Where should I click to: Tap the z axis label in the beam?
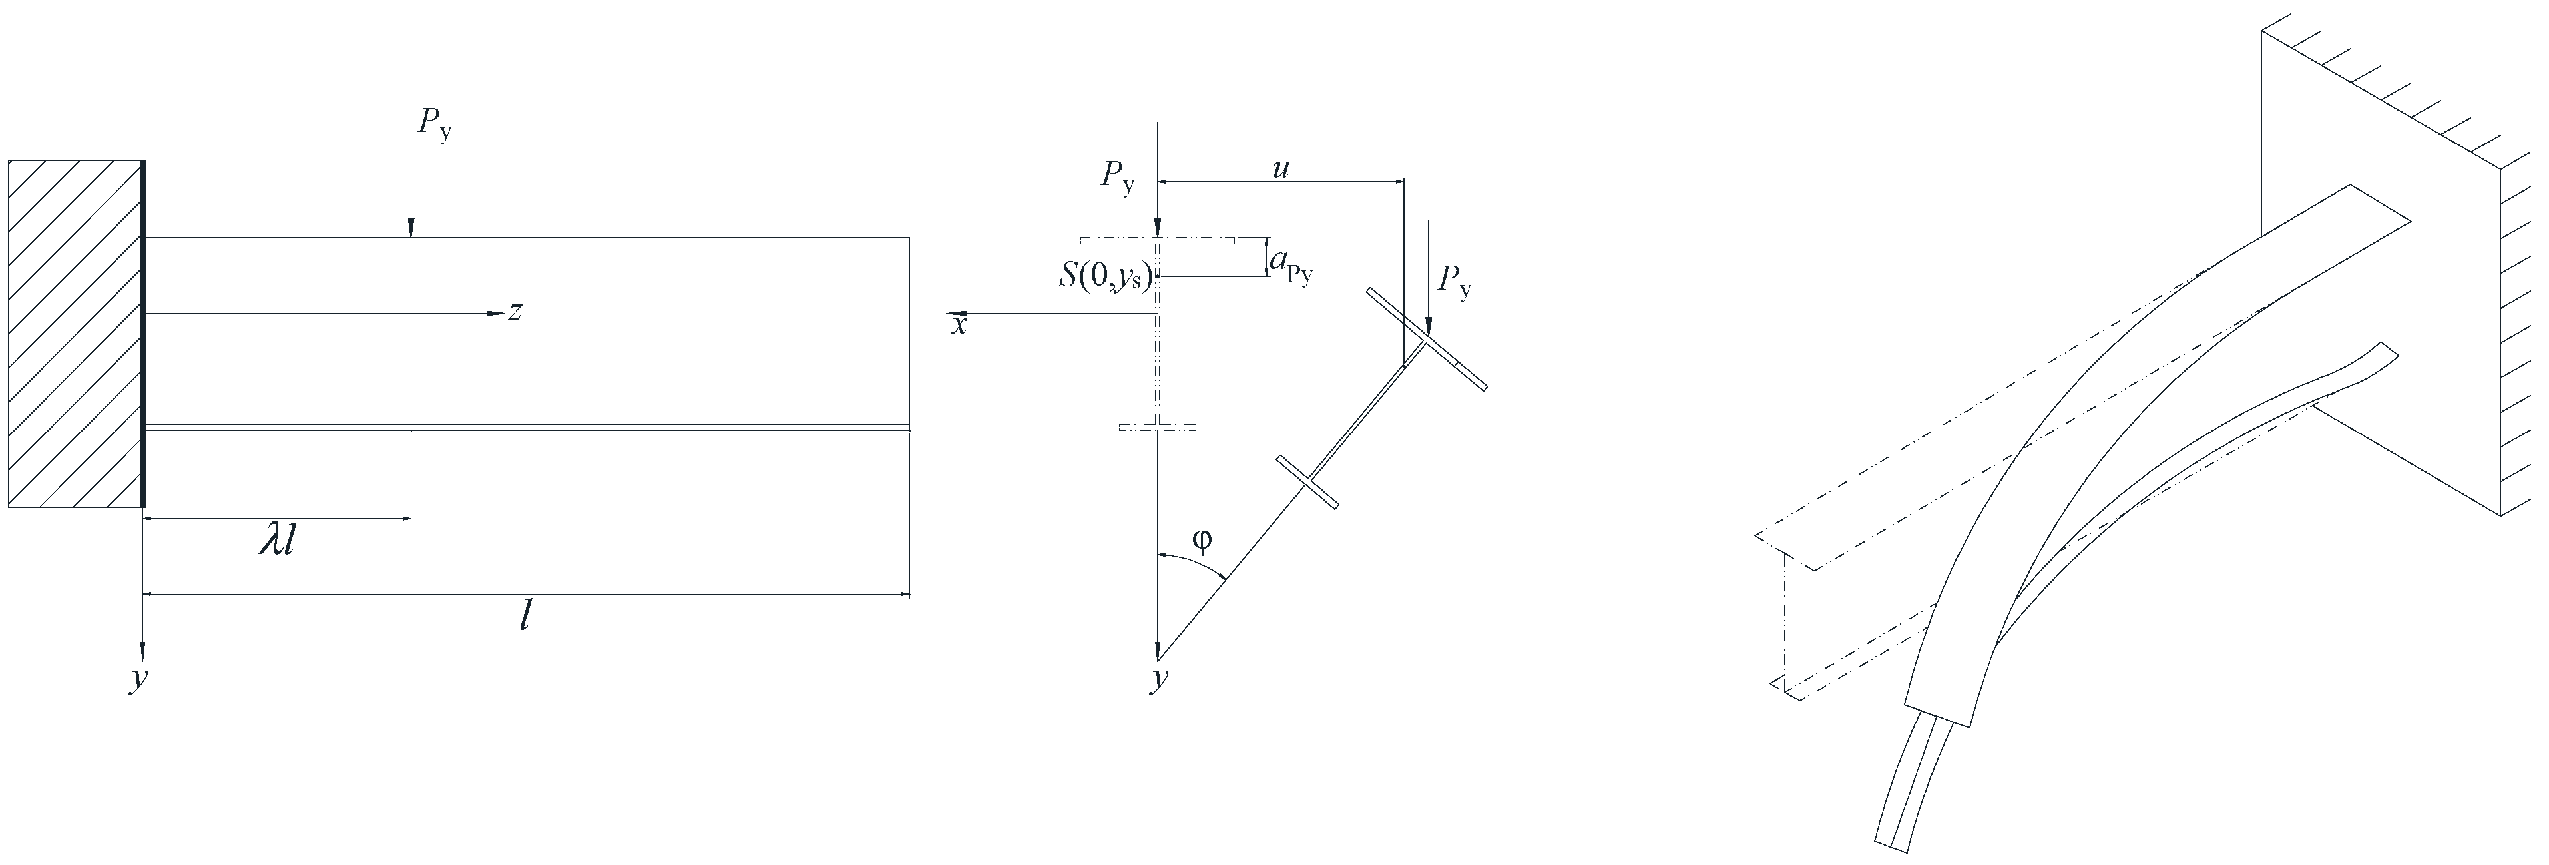coord(515,313)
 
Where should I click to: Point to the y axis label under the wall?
coord(138,681)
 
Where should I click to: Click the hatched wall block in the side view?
coord(74,334)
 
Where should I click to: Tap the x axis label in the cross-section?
coord(958,324)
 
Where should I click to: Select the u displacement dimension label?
coord(1280,169)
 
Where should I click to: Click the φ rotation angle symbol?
coord(1202,541)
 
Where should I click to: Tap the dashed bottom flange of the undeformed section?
coord(1157,427)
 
